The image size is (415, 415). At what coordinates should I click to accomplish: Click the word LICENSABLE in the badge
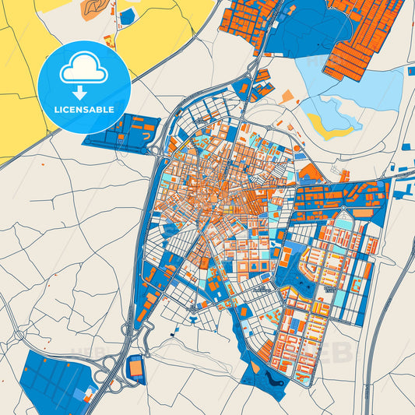point(85,110)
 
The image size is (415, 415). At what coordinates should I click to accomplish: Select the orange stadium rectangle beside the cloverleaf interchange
point(136,364)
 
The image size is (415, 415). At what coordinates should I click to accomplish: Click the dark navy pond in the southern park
point(273,379)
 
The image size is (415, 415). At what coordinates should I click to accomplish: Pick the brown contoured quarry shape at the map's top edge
point(91,6)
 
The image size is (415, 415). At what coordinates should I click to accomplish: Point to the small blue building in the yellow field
point(126,17)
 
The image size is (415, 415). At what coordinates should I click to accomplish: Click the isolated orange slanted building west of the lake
point(288,97)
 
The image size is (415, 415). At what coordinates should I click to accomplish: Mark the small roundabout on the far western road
point(16,336)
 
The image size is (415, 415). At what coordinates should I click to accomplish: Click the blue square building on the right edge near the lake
point(410,71)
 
